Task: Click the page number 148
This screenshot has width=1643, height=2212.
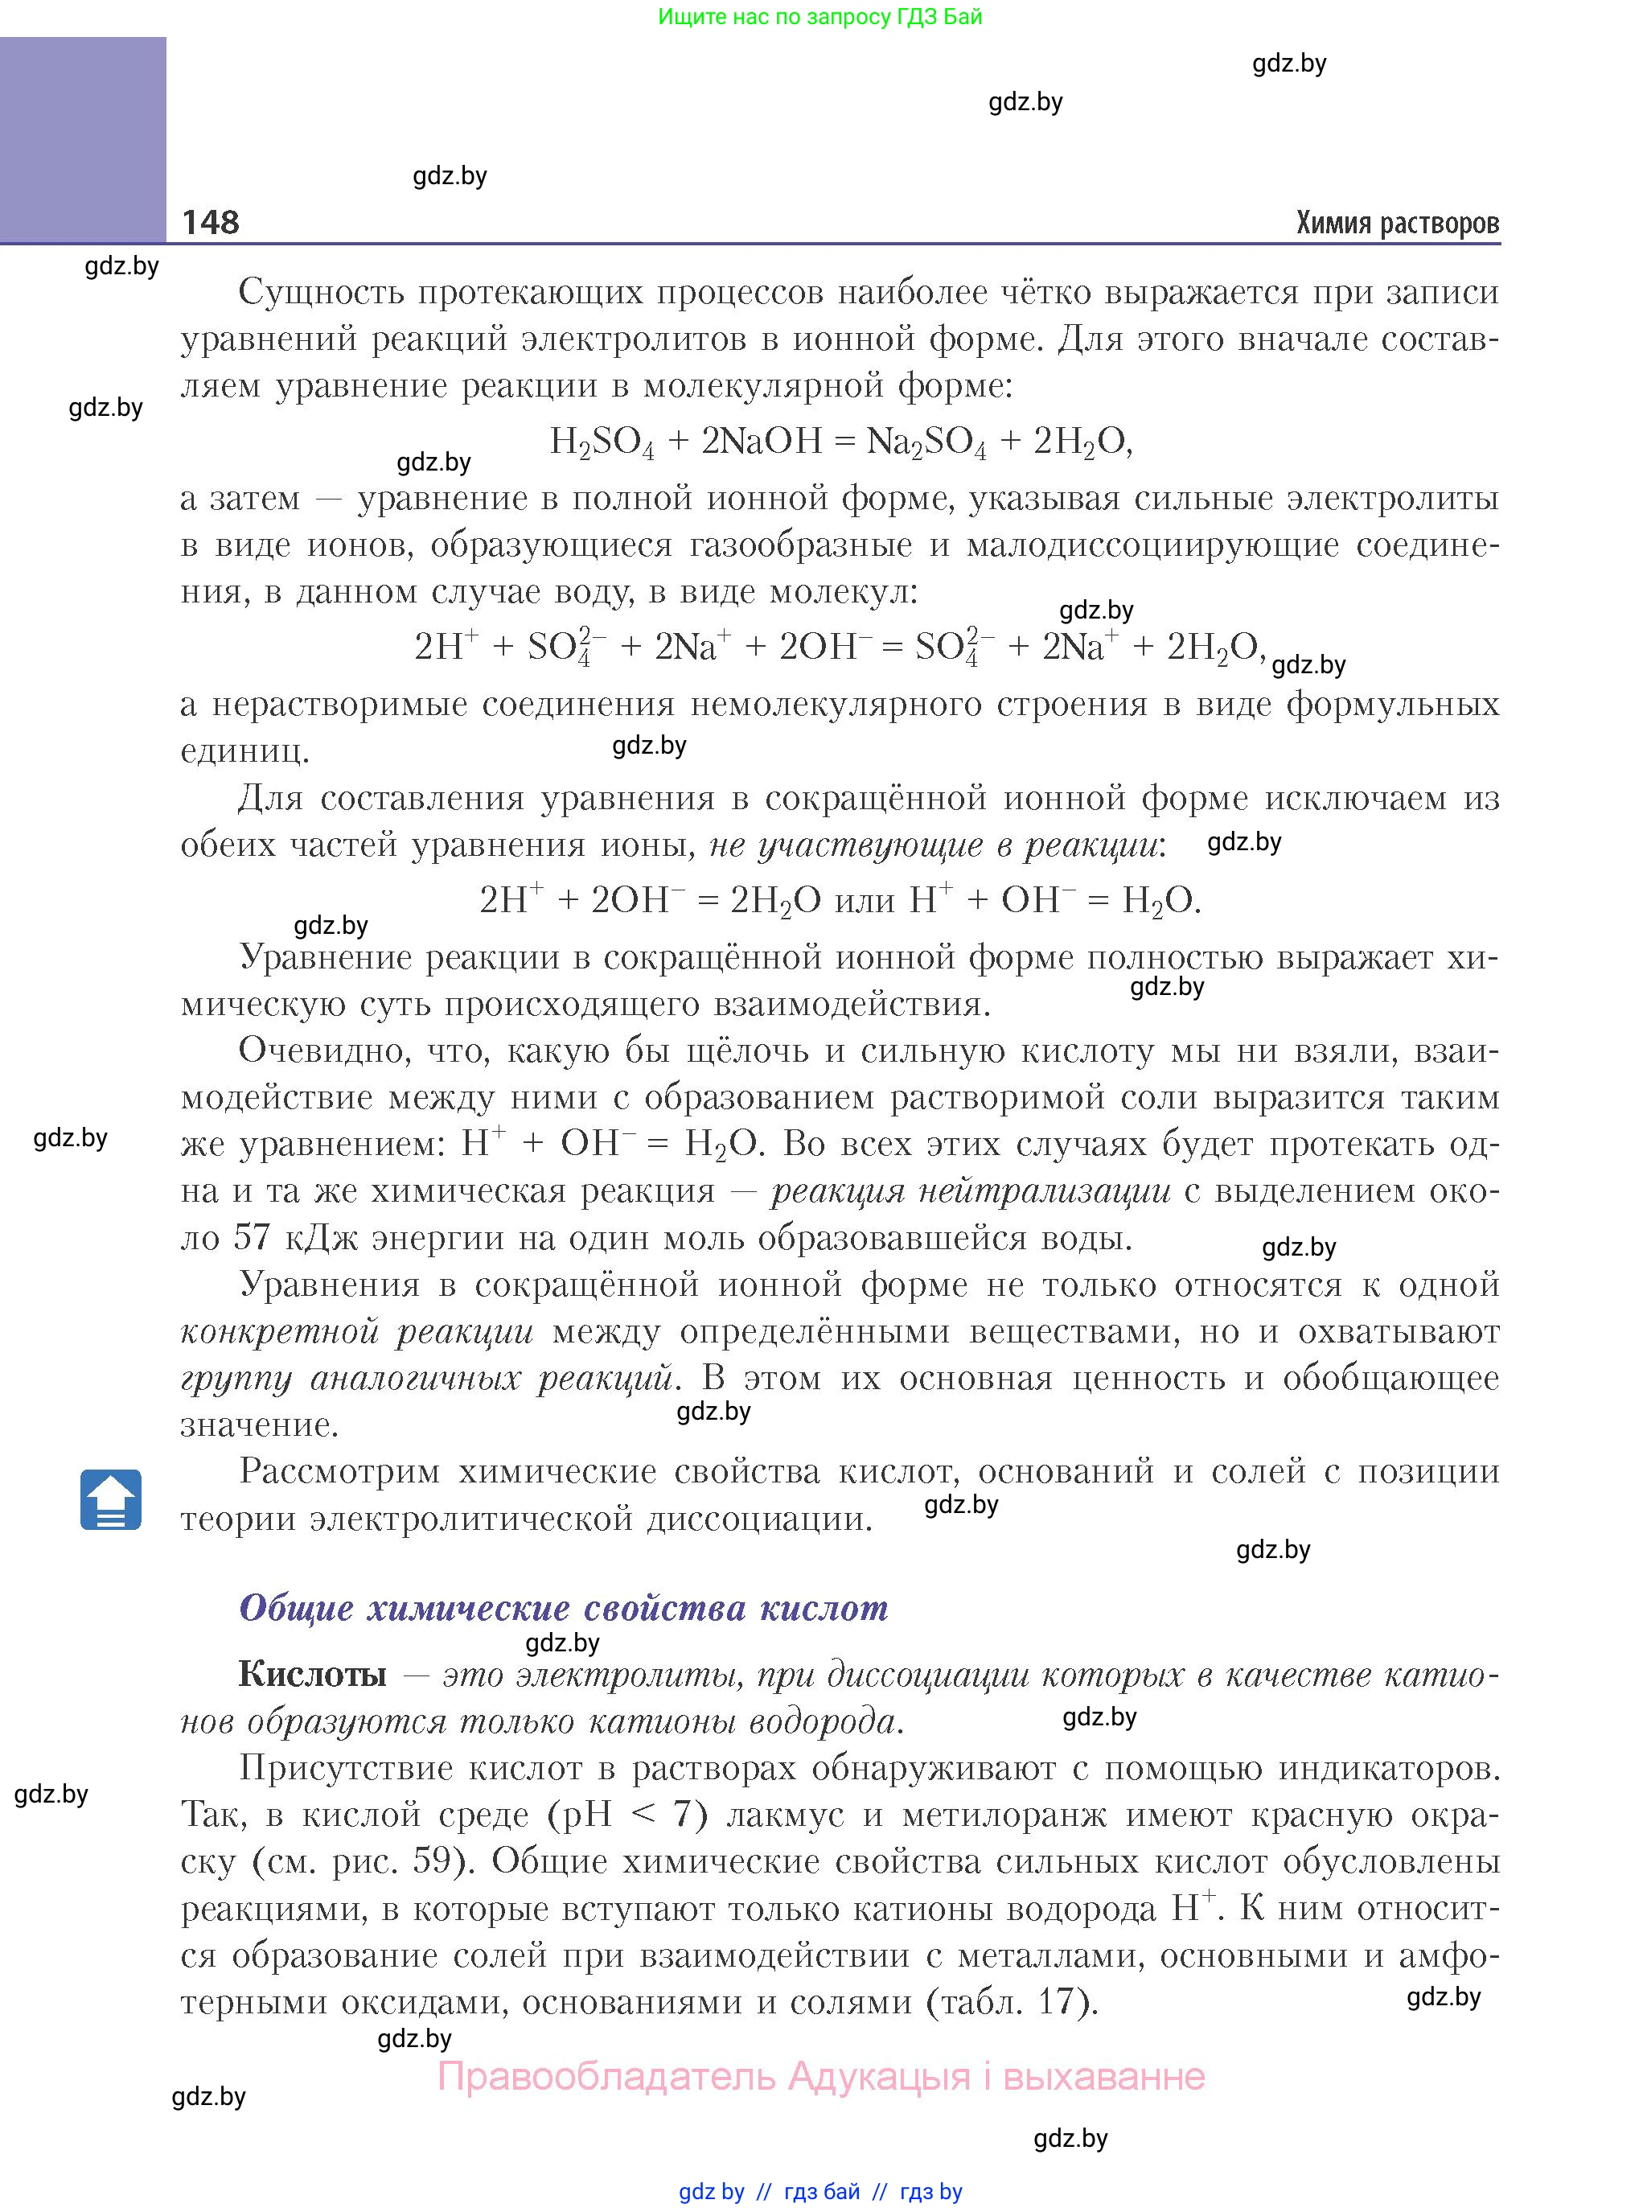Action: (210, 222)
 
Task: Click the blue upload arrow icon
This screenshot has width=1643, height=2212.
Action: (110, 1499)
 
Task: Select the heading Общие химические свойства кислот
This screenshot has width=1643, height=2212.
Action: (563, 1608)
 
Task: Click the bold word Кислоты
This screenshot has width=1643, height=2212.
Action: (312, 1675)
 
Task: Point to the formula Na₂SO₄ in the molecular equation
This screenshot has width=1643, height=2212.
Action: (926, 442)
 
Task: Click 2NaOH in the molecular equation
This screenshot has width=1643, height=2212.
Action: (762, 441)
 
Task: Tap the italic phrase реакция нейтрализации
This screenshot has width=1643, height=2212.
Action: (971, 1190)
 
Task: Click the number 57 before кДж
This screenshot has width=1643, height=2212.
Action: (252, 1237)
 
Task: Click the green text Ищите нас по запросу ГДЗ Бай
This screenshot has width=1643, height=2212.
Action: (819, 17)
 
